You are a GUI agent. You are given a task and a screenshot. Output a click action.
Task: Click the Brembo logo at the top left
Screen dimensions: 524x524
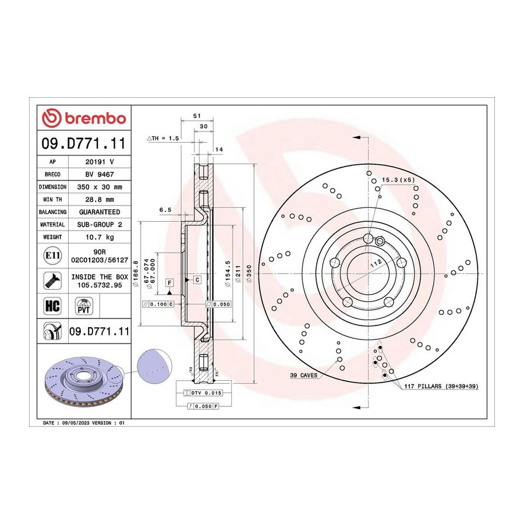click(83, 118)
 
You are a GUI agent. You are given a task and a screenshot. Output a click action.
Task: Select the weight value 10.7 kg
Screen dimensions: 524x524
click(100, 237)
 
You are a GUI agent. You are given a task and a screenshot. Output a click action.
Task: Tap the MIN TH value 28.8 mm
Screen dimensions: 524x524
click(100, 200)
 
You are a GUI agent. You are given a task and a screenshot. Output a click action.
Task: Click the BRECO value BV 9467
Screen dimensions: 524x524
click(100, 175)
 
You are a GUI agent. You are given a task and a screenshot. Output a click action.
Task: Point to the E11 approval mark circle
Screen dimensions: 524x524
click(52, 256)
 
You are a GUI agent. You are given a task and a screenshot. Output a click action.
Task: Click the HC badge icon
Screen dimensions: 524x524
click(52, 306)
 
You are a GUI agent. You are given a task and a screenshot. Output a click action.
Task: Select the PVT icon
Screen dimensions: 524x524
click(83, 306)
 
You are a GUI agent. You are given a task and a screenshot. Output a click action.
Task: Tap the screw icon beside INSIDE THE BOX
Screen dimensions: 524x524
click(52, 281)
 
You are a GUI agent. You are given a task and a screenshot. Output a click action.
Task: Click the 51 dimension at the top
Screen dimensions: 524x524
click(197, 116)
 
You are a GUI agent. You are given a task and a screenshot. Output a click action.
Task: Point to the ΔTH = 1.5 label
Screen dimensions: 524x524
click(163, 138)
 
